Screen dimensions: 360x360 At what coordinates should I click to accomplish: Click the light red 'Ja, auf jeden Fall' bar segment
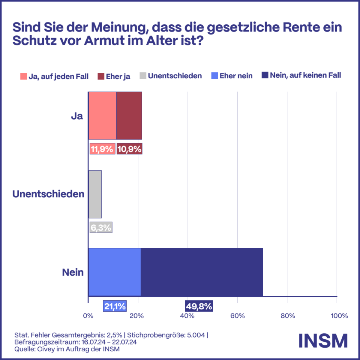click(x=102, y=115)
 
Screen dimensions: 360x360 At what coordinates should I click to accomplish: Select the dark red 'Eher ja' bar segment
click(x=129, y=115)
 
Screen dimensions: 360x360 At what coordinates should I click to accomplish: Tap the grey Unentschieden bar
click(x=95, y=194)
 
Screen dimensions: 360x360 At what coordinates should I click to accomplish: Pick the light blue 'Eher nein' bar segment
click(x=114, y=272)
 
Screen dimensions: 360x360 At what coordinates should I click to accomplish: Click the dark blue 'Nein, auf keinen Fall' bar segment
click(x=202, y=272)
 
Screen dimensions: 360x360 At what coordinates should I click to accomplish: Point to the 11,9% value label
click(x=102, y=149)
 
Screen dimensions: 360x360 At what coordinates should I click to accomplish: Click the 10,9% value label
click(x=129, y=149)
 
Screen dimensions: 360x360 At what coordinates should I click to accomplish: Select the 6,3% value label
click(x=101, y=227)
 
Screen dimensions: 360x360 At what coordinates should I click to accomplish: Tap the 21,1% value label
click(x=115, y=306)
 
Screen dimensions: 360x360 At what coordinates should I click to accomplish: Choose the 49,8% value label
click(x=199, y=306)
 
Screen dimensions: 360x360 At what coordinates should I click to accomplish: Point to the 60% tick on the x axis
click(x=237, y=316)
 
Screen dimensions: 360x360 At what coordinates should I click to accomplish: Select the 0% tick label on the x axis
click(x=88, y=316)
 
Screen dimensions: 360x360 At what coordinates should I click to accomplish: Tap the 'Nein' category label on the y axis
click(x=73, y=272)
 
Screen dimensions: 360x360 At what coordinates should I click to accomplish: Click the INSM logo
click(x=323, y=340)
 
